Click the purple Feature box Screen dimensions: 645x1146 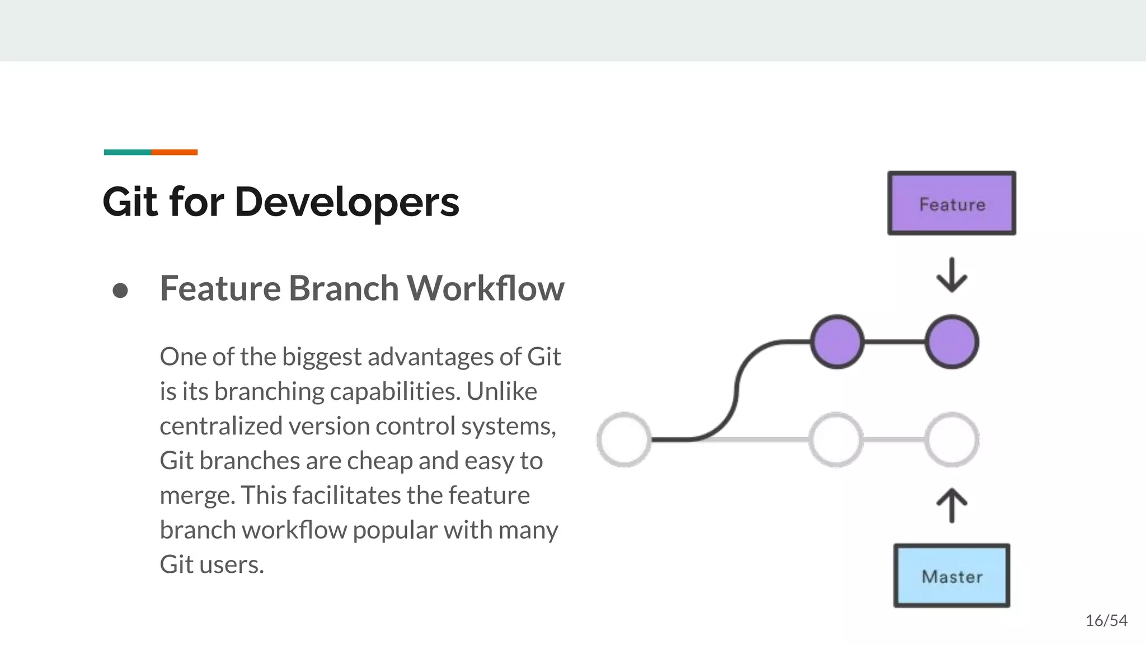coord(951,203)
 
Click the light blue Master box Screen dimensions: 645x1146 coord(951,575)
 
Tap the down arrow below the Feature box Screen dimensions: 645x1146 coord(951,275)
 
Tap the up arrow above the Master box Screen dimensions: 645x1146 coord(951,506)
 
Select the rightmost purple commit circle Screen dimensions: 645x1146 coord(951,342)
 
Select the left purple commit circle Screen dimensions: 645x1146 coord(837,342)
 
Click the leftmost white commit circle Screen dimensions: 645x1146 coord(624,440)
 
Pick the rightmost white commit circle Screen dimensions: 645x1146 coord(951,440)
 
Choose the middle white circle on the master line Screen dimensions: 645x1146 coord(836,440)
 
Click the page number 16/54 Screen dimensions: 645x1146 coord(1106,620)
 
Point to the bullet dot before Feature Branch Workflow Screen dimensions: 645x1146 coord(120,290)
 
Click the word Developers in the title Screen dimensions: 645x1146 coord(347,202)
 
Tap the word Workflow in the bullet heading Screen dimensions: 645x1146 coord(485,288)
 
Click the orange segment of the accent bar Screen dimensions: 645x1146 coord(174,152)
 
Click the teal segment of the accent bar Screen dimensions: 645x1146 coord(127,152)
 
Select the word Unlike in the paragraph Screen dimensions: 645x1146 coord(501,391)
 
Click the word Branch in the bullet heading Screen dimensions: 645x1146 coord(344,288)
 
